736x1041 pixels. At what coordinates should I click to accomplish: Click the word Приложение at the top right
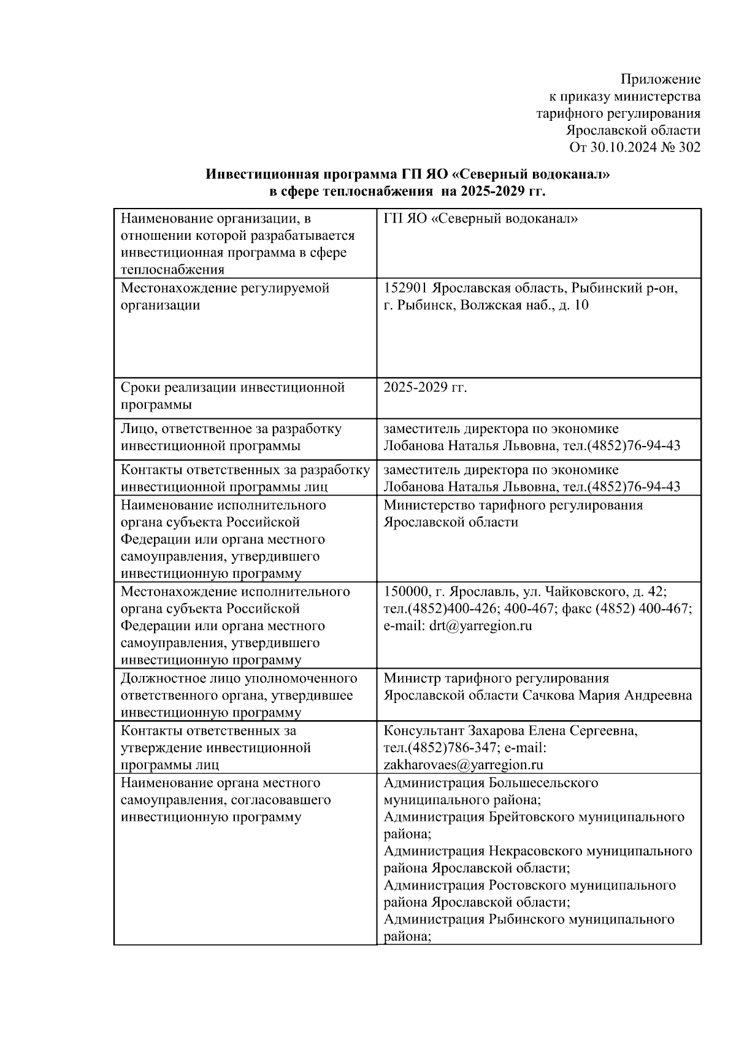point(661,79)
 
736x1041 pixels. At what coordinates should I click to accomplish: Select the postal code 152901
point(406,288)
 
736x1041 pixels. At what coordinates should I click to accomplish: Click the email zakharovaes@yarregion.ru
point(464,765)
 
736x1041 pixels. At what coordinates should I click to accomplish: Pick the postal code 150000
point(406,592)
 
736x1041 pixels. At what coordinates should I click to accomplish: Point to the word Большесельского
point(543,783)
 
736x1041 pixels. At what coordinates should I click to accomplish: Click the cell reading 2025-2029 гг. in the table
point(425,388)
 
